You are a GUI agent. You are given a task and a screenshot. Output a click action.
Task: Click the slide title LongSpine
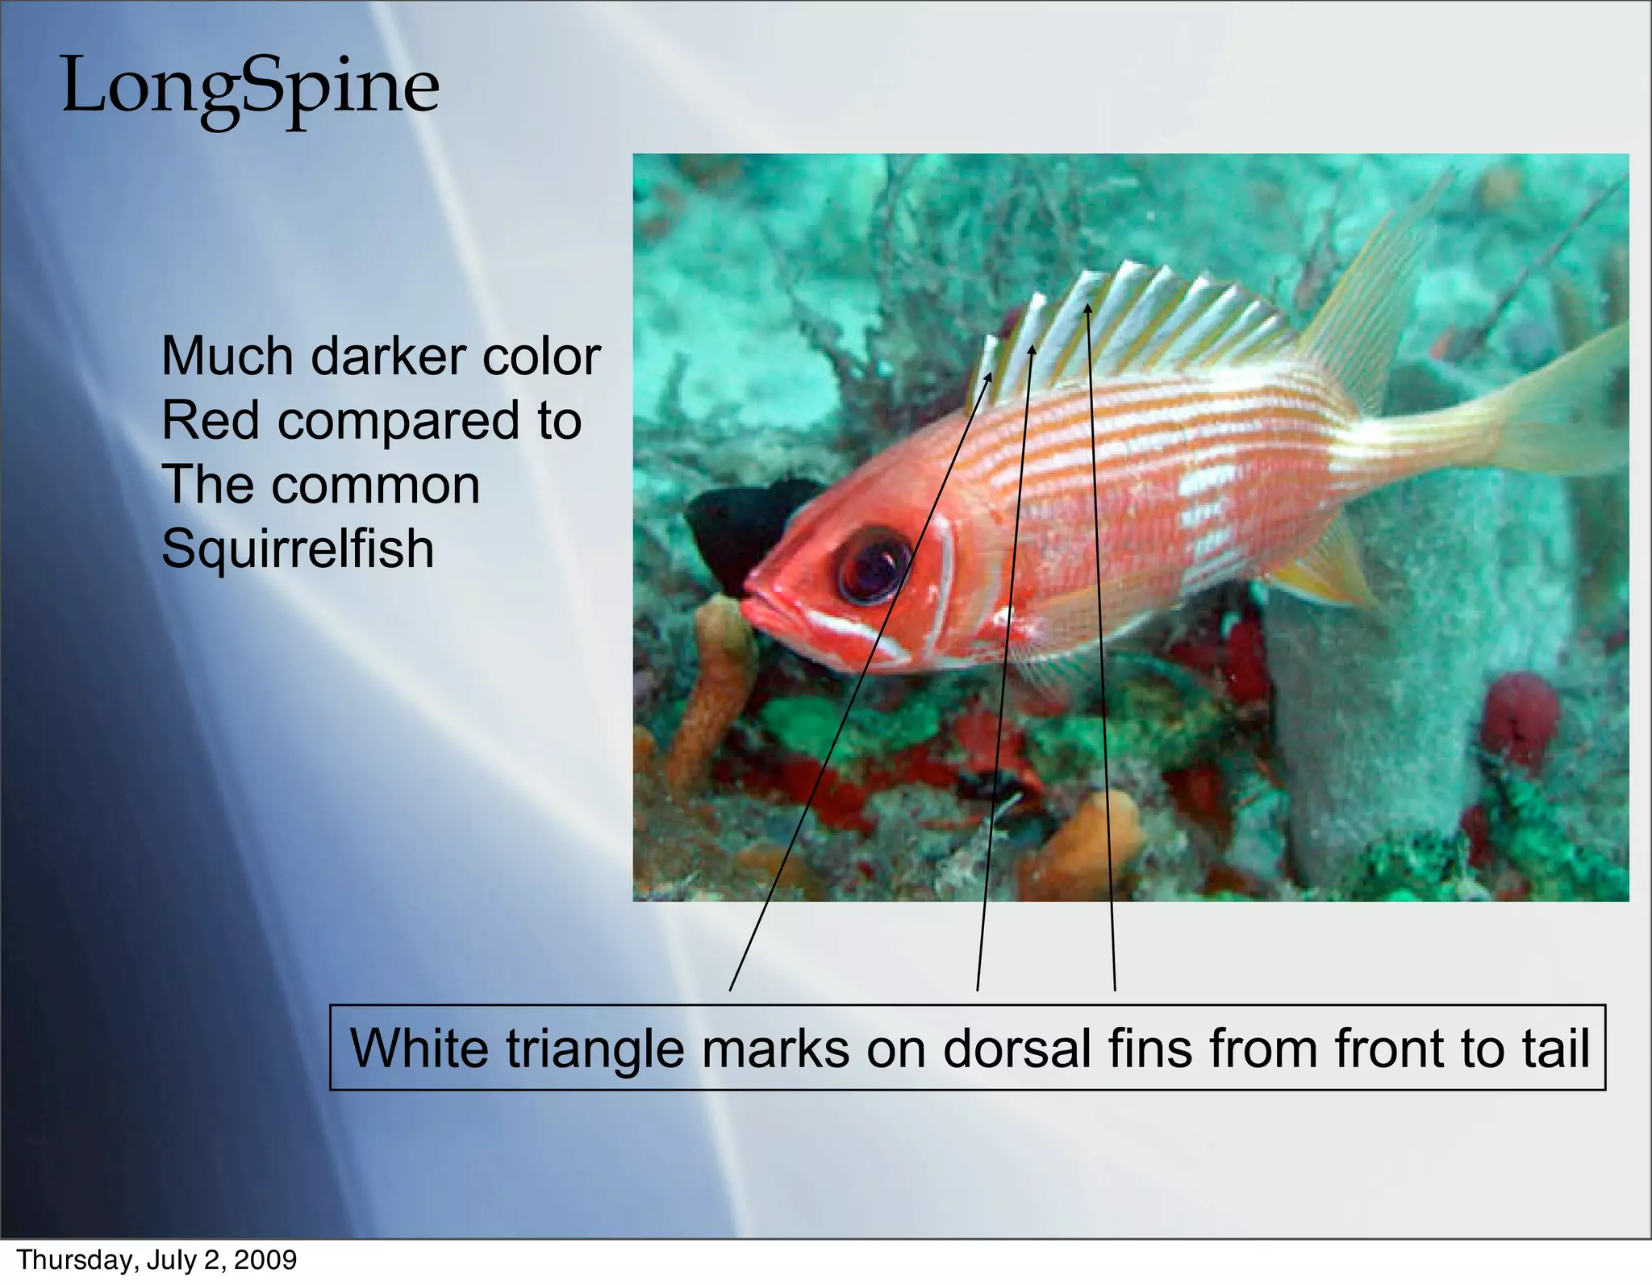coord(250,87)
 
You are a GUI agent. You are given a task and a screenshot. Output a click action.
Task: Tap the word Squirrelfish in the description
coord(298,549)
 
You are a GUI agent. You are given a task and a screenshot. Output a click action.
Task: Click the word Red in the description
coord(212,420)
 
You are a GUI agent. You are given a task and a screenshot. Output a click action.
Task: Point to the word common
coord(375,485)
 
